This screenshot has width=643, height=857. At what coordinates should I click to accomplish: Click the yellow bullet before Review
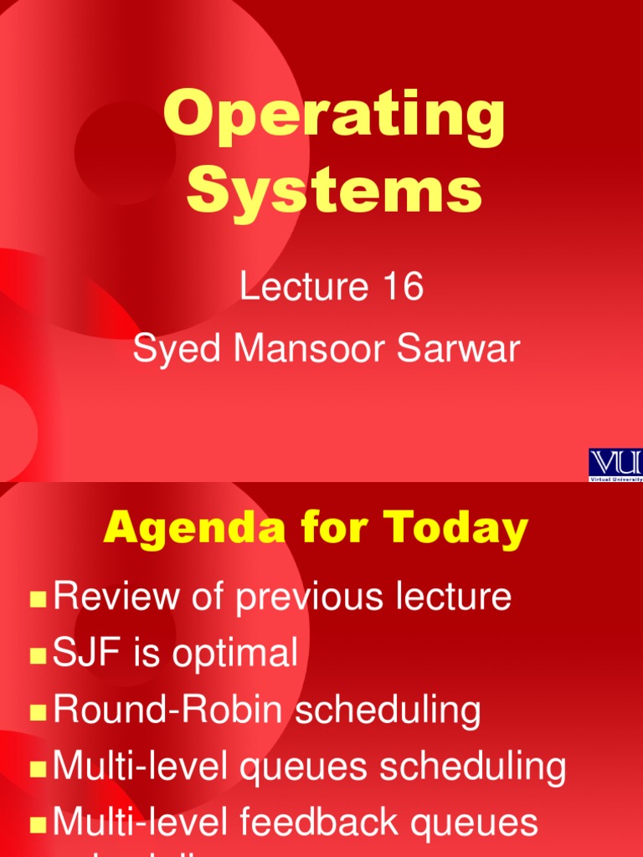coord(38,599)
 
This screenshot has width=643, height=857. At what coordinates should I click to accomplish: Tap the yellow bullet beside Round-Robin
coord(38,712)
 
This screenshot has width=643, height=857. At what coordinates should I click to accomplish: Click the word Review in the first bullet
coord(116,598)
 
